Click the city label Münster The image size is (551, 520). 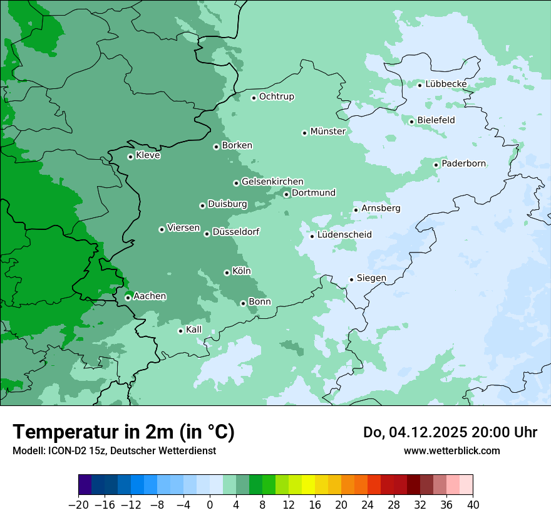(x=327, y=132)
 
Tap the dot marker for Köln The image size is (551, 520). (x=227, y=273)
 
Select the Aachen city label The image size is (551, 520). (x=150, y=296)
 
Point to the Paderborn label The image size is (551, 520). (x=463, y=164)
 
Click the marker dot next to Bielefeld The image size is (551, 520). (x=411, y=122)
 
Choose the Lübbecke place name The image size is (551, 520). (x=446, y=84)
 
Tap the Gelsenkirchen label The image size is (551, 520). (x=272, y=182)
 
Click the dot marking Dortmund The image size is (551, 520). (x=286, y=194)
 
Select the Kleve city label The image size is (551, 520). (x=148, y=155)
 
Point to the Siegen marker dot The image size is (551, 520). (x=351, y=279)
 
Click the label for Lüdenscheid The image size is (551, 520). (x=344, y=235)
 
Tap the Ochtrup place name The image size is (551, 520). (x=276, y=96)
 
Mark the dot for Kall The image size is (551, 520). (x=180, y=331)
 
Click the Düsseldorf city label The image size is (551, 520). (x=236, y=232)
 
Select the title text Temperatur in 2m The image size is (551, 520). (x=123, y=432)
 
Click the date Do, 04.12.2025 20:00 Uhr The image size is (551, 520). (x=450, y=432)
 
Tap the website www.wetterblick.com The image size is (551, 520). (x=451, y=450)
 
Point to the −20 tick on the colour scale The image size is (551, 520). (x=79, y=505)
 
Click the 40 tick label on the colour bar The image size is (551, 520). (x=473, y=505)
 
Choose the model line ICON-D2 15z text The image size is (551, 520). (x=114, y=450)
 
